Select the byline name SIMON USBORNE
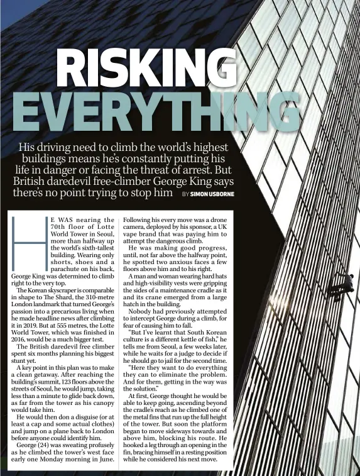pyautogui.click(x=212, y=194)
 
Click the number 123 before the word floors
pyautogui.click(x=60, y=382)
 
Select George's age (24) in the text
pyautogui.click(x=43, y=445)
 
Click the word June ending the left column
pyautogui.click(x=106, y=459)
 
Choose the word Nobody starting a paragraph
pyautogui.click(x=141, y=312)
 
